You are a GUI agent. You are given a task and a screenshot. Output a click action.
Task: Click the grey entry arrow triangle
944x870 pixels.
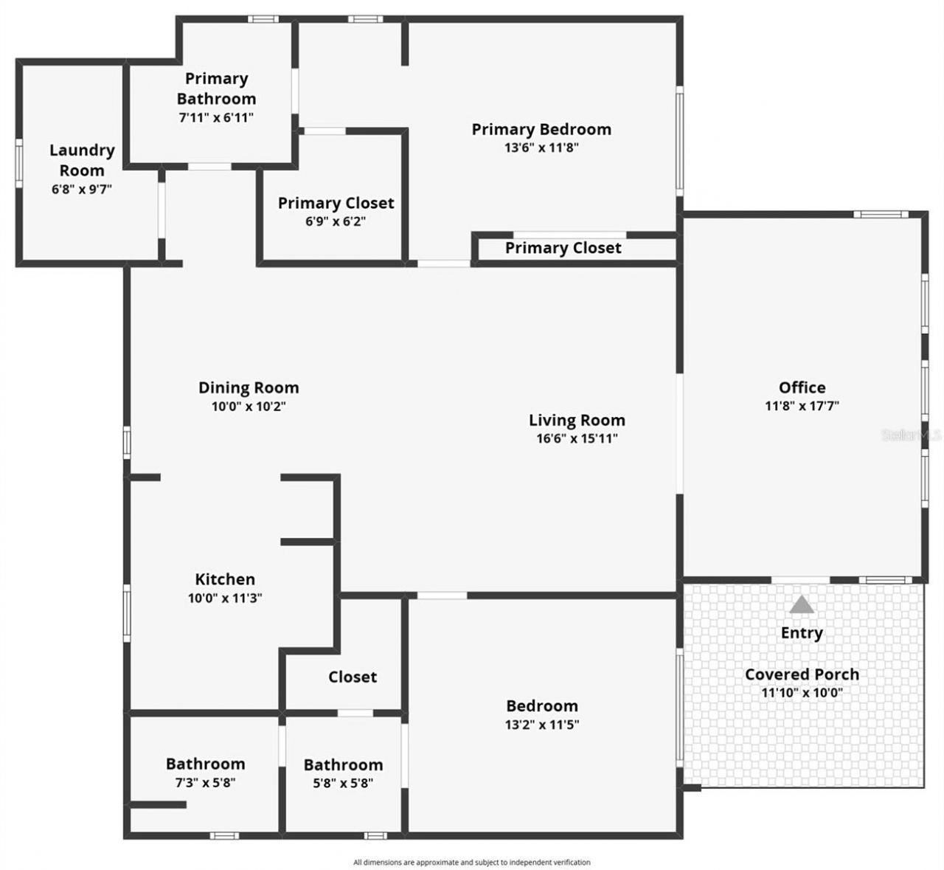point(802,604)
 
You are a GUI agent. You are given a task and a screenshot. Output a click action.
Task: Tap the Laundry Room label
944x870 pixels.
point(82,160)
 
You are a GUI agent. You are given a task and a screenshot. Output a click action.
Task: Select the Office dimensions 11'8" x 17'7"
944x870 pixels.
point(802,406)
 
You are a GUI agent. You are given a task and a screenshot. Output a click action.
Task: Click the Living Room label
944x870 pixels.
point(577,420)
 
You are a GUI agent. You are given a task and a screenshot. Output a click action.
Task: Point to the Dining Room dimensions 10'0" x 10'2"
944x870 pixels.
point(249,406)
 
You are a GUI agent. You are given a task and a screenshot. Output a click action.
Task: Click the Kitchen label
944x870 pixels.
point(225,579)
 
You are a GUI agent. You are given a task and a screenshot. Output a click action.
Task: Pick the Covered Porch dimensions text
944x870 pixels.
point(802,692)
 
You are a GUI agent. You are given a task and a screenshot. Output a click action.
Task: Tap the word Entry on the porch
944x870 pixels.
point(802,633)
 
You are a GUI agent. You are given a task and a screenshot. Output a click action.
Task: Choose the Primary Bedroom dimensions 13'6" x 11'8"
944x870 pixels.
point(541,148)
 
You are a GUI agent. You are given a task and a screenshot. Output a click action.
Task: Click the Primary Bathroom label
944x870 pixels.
point(217,89)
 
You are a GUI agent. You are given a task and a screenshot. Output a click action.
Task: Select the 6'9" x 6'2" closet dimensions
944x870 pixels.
point(336,221)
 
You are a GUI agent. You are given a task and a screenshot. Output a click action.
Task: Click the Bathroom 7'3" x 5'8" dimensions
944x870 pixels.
point(205,782)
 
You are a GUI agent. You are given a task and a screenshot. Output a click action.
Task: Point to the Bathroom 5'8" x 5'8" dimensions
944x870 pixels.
point(343,783)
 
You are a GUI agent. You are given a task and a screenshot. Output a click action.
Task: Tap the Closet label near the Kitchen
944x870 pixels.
point(353,677)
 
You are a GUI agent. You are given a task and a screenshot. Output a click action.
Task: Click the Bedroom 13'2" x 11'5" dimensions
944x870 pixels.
point(542,724)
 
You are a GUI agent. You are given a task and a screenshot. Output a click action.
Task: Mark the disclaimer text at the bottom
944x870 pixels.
point(472,862)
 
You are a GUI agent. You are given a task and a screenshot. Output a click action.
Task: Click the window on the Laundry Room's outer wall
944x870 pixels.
point(19,163)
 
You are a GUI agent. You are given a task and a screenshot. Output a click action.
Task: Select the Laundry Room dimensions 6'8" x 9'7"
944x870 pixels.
point(82,190)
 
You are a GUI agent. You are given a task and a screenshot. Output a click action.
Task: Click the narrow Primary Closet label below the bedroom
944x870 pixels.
point(563,248)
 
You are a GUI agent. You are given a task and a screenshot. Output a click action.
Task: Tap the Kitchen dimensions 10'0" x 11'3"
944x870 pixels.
point(225,598)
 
